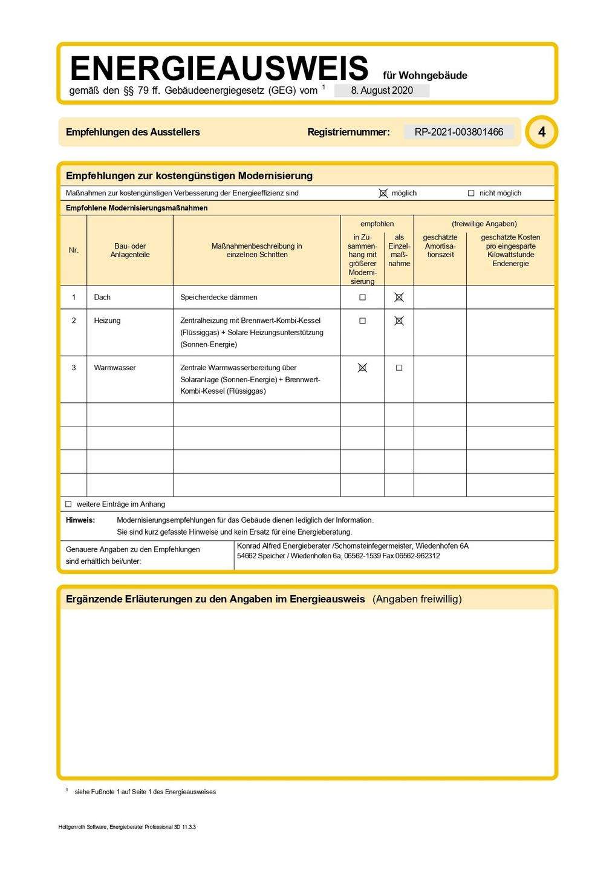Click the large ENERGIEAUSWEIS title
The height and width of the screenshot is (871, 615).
pos(219,68)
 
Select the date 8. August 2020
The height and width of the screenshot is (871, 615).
pos(382,91)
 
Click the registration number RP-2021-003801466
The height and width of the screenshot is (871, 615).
pos(458,132)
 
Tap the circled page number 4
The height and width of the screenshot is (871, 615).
pos(541,132)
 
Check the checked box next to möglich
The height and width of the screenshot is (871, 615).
pos(383,193)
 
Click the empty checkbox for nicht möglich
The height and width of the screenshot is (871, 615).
pos(471,194)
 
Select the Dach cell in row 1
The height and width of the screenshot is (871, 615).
pos(102,297)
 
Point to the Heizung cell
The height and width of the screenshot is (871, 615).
pos(107,321)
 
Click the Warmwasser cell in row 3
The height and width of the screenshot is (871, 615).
pos(115,368)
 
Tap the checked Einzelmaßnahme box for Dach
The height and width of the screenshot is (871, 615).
pos(399,297)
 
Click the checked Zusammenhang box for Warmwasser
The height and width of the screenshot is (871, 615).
pos(362,368)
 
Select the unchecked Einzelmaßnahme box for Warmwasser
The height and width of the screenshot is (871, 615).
pos(399,368)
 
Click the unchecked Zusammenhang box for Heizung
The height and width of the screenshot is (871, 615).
pos(362,321)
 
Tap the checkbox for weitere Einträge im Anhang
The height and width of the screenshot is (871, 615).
pos(68,504)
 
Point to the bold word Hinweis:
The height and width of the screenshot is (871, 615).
pos(80,520)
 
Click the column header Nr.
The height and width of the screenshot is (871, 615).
pos(74,250)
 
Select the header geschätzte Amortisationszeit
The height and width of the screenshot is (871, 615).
pos(440,246)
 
